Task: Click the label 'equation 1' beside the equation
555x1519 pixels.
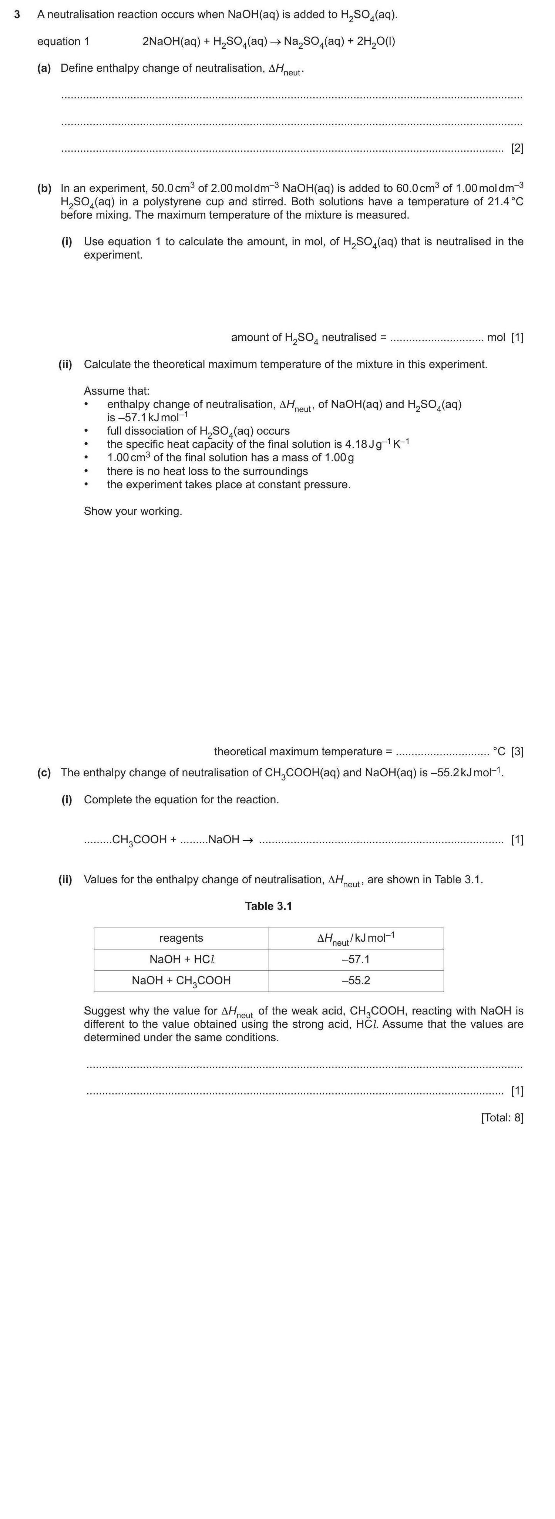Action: pyautogui.click(x=63, y=41)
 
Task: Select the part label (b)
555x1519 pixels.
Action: pyautogui.click(x=44, y=188)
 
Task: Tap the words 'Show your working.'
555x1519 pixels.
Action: pyautogui.click(x=133, y=511)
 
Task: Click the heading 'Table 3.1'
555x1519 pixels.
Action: pyautogui.click(x=268, y=906)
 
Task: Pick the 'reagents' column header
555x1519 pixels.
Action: pyautogui.click(x=181, y=938)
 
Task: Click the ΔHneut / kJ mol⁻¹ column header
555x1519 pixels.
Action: pyautogui.click(x=356, y=938)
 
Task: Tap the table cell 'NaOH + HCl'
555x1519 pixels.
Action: pyautogui.click(x=181, y=959)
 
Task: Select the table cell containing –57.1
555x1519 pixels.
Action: pyautogui.click(x=356, y=959)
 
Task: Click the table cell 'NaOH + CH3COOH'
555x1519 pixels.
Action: pyautogui.click(x=181, y=980)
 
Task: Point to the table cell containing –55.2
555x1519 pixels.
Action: pyautogui.click(x=356, y=980)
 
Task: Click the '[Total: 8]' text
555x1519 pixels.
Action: pyautogui.click(x=502, y=1117)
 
